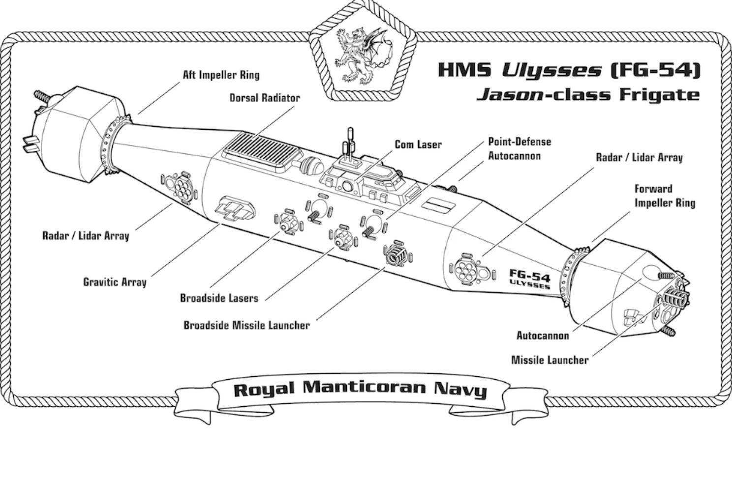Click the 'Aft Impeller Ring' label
point(221,75)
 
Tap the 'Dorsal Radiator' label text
point(264,98)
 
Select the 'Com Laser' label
point(418,144)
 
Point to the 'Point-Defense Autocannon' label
point(519,149)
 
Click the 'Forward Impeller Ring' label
point(664,196)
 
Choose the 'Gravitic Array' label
point(115,282)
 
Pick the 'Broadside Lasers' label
point(219,298)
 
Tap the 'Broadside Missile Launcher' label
point(246,325)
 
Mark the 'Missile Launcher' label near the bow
point(549,360)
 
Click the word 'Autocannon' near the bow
point(543,336)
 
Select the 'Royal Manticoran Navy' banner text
point(360,388)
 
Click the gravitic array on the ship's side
point(237,208)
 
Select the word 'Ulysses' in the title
point(551,70)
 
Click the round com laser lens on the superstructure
point(347,186)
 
